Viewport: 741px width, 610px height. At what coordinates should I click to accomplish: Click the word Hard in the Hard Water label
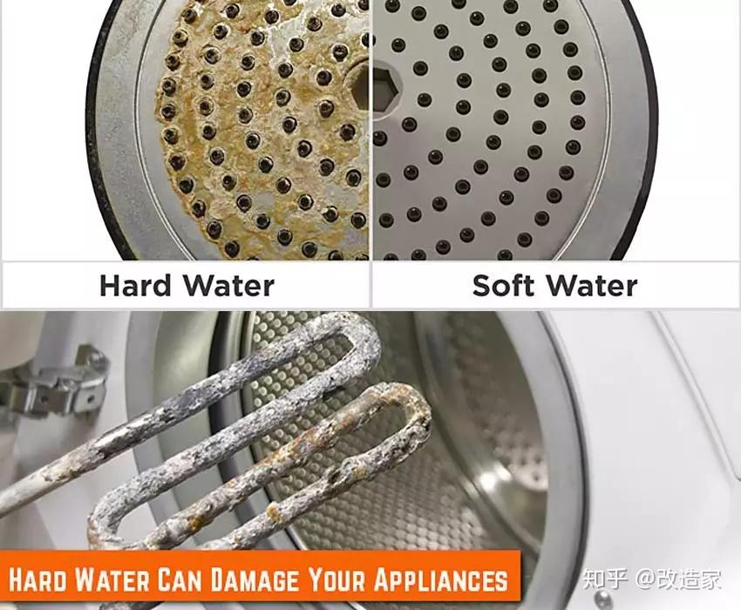135,285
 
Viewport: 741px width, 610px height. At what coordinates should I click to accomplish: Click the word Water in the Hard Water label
228,285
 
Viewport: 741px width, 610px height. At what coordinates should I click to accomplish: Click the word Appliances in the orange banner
440,579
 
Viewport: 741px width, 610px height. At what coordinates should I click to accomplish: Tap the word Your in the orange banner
336,579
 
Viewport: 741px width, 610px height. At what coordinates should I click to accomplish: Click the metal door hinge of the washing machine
56,383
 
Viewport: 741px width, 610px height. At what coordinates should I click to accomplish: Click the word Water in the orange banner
112,579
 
